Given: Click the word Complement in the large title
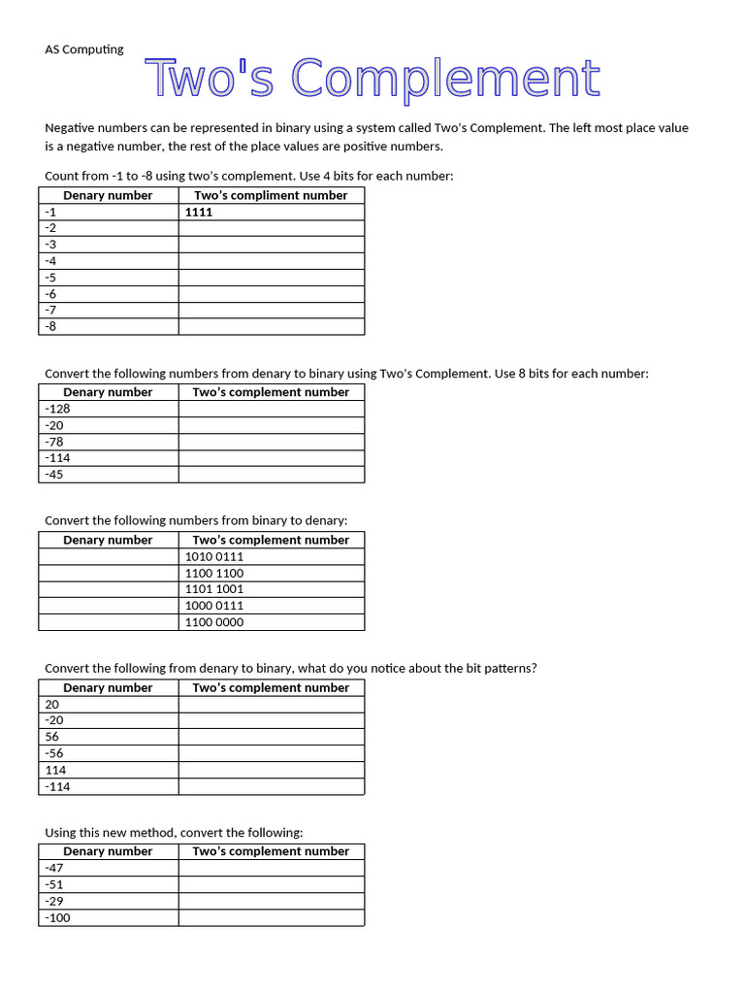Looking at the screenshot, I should [445, 79].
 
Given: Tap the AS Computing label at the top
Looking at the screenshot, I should [84, 50].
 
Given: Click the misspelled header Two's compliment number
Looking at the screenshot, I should [271, 195].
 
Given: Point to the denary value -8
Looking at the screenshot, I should [50, 326].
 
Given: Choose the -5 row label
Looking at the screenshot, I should [50, 277].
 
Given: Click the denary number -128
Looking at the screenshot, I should [57, 409].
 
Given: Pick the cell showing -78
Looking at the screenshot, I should [54, 442].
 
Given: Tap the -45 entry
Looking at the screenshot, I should [54, 475].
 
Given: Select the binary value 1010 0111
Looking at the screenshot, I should [214, 556].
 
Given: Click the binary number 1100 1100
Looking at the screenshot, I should [214, 573].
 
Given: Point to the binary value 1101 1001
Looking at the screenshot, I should [214, 589].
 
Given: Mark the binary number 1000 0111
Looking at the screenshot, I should [214, 606].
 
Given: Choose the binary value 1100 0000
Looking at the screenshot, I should [214, 622].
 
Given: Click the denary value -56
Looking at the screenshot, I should [54, 753].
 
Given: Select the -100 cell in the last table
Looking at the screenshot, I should [57, 917].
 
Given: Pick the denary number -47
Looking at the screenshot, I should [54, 868].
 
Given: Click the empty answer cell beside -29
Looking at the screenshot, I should [271, 901].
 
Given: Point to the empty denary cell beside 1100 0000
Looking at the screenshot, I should [109, 622].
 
